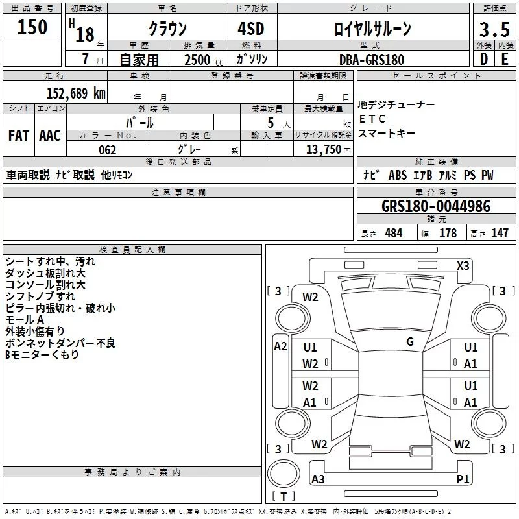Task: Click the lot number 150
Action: point(32,27)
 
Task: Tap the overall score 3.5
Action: point(494,29)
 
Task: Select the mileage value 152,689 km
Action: point(76,93)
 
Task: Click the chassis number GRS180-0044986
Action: point(436,206)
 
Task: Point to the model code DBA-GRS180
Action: point(371,60)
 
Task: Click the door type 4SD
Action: point(251,29)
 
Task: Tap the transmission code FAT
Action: point(19,136)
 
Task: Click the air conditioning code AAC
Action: point(50,136)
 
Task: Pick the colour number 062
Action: point(108,150)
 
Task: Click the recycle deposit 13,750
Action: point(324,150)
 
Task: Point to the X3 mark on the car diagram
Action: point(463,266)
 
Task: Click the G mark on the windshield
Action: point(410,342)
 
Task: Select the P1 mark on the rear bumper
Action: point(463,479)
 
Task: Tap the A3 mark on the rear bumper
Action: point(318,479)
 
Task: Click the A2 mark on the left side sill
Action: point(280,346)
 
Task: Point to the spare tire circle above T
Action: point(284,474)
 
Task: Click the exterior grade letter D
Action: point(484,59)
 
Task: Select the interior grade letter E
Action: point(505,59)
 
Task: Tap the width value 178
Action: point(448,233)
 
